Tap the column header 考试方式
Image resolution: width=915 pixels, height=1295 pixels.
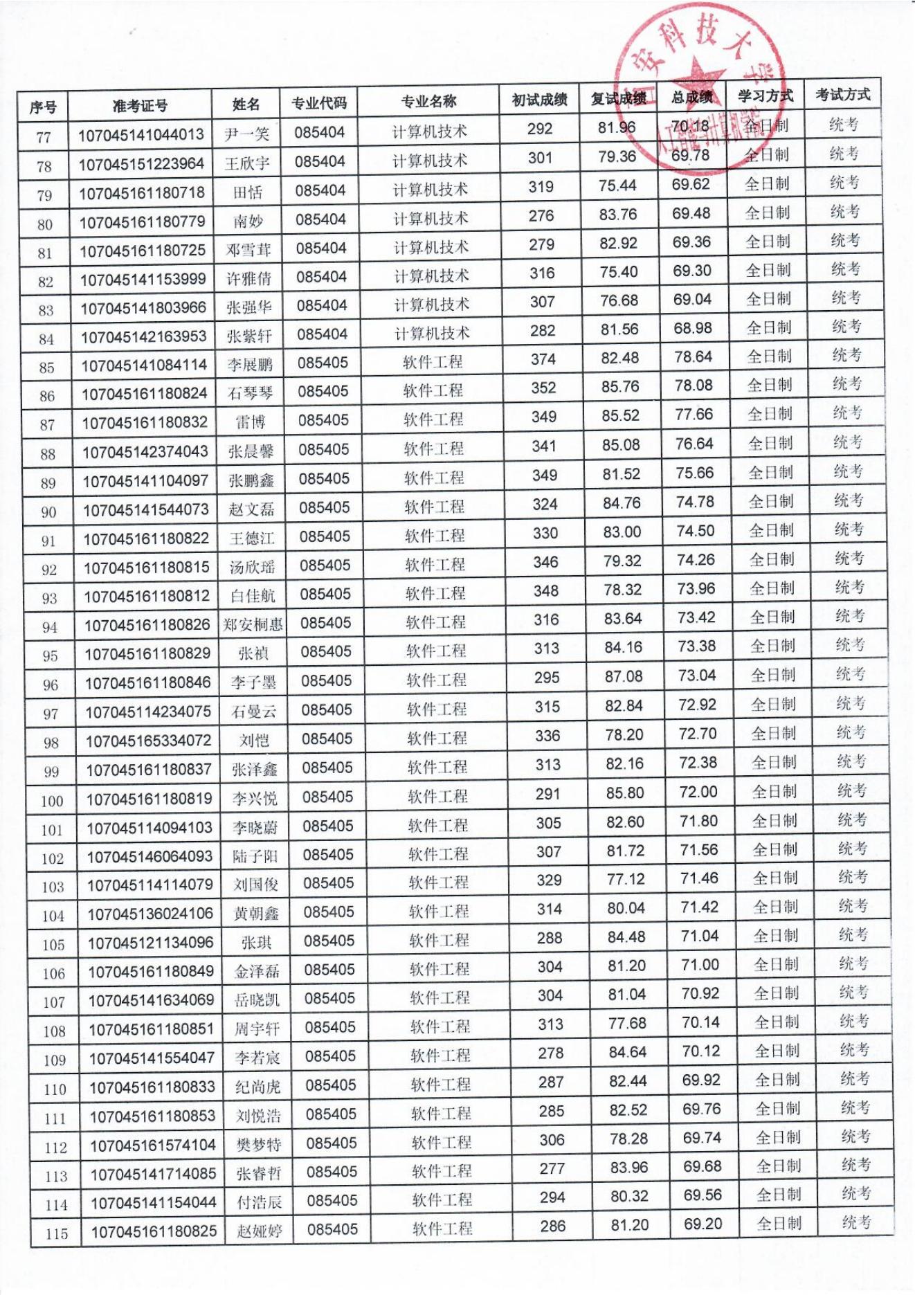pyautogui.click(x=842, y=95)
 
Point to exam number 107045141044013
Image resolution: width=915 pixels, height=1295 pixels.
pyautogui.click(x=141, y=134)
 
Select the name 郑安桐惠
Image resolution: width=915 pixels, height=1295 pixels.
pyautogui.click(x=253, y=625)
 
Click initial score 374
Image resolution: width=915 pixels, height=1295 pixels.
pyautogui.click(x=543, y=359)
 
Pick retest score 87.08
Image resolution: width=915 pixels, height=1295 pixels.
pyautogui.click(x=624, y=676)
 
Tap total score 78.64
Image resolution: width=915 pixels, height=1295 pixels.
pyautogui.click(x=694, y=356)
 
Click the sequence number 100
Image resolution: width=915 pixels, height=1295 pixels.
pyautogui.click(x=52, y=802)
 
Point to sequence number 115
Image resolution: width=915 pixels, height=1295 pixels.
pyautogui.click(x=56, y=1233)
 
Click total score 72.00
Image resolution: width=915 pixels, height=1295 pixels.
pyautogui.click(x=698, y=792)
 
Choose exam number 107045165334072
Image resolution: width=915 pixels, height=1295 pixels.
pyautogui.click(x=148, y=741)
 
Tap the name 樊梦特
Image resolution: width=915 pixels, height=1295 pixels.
pyautogui.click(x=259, y=1145)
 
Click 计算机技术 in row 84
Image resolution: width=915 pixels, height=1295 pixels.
pyautogui.click(x=432, y=334)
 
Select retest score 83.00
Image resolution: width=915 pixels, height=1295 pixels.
pyautogui.click(x=622, y=532)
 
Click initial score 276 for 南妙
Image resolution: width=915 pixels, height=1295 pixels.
pyautogui.click(x=541, y=216)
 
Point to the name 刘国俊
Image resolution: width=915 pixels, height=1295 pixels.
pyautogui.click(x=255, y=885)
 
